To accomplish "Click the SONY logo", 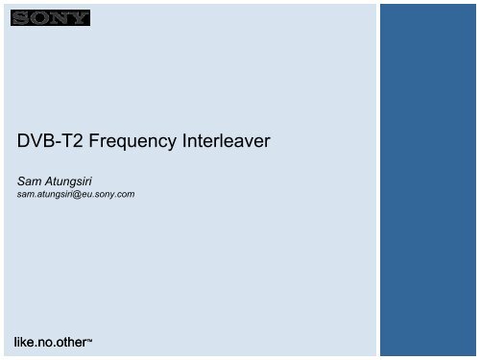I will (50, 18).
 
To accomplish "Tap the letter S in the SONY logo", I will (20, 18).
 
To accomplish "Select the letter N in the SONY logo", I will (60, 18).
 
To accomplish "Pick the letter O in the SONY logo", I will (38, 18).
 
